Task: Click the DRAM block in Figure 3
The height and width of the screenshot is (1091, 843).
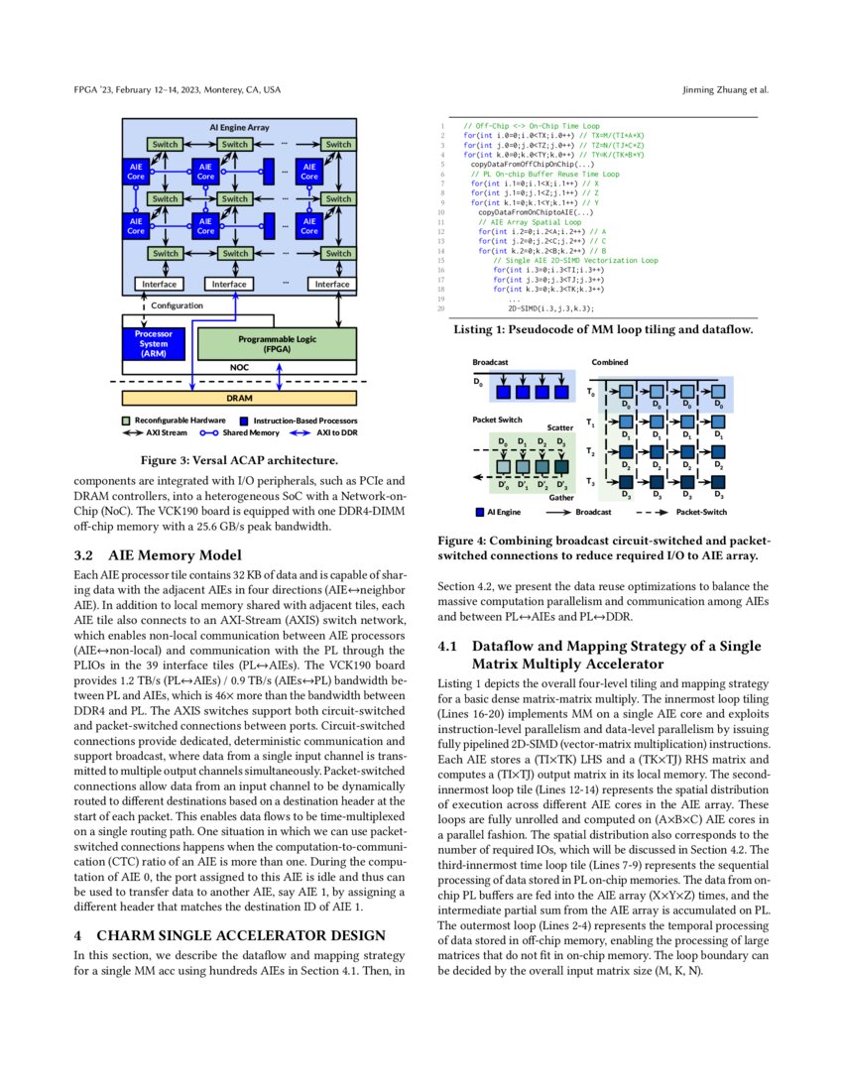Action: click(238, 398)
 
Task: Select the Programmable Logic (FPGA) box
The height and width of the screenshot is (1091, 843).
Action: click(277, 343)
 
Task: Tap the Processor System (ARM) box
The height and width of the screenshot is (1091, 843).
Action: click(154, 343)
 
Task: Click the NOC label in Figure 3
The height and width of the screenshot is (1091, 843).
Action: click(239, 367)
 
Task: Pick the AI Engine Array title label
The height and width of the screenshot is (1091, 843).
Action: click(238, 128)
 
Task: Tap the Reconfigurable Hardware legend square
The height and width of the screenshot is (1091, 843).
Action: click(126, 421)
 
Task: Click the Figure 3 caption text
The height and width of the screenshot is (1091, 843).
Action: click(238, 460)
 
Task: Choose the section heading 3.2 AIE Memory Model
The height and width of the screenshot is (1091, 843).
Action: click(157, 555)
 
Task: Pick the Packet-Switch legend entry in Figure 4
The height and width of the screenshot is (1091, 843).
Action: click(699, 514)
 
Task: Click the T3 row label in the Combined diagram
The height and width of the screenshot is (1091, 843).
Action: click(592, 483)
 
